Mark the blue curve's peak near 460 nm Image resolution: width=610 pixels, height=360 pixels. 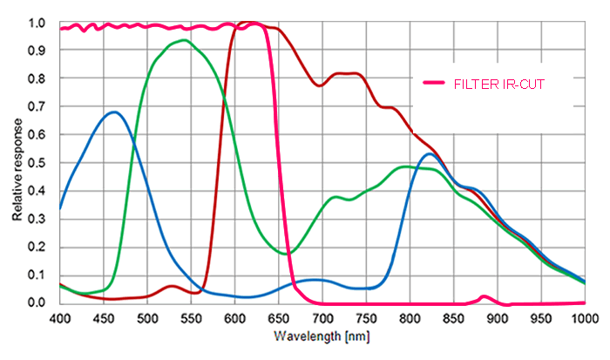tap(113, 112)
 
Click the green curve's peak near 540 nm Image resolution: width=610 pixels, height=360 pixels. tap(184, 40)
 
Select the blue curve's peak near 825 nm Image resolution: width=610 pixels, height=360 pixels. tap(430, 154)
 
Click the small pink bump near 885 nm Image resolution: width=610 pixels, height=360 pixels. tap(485, 296)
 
